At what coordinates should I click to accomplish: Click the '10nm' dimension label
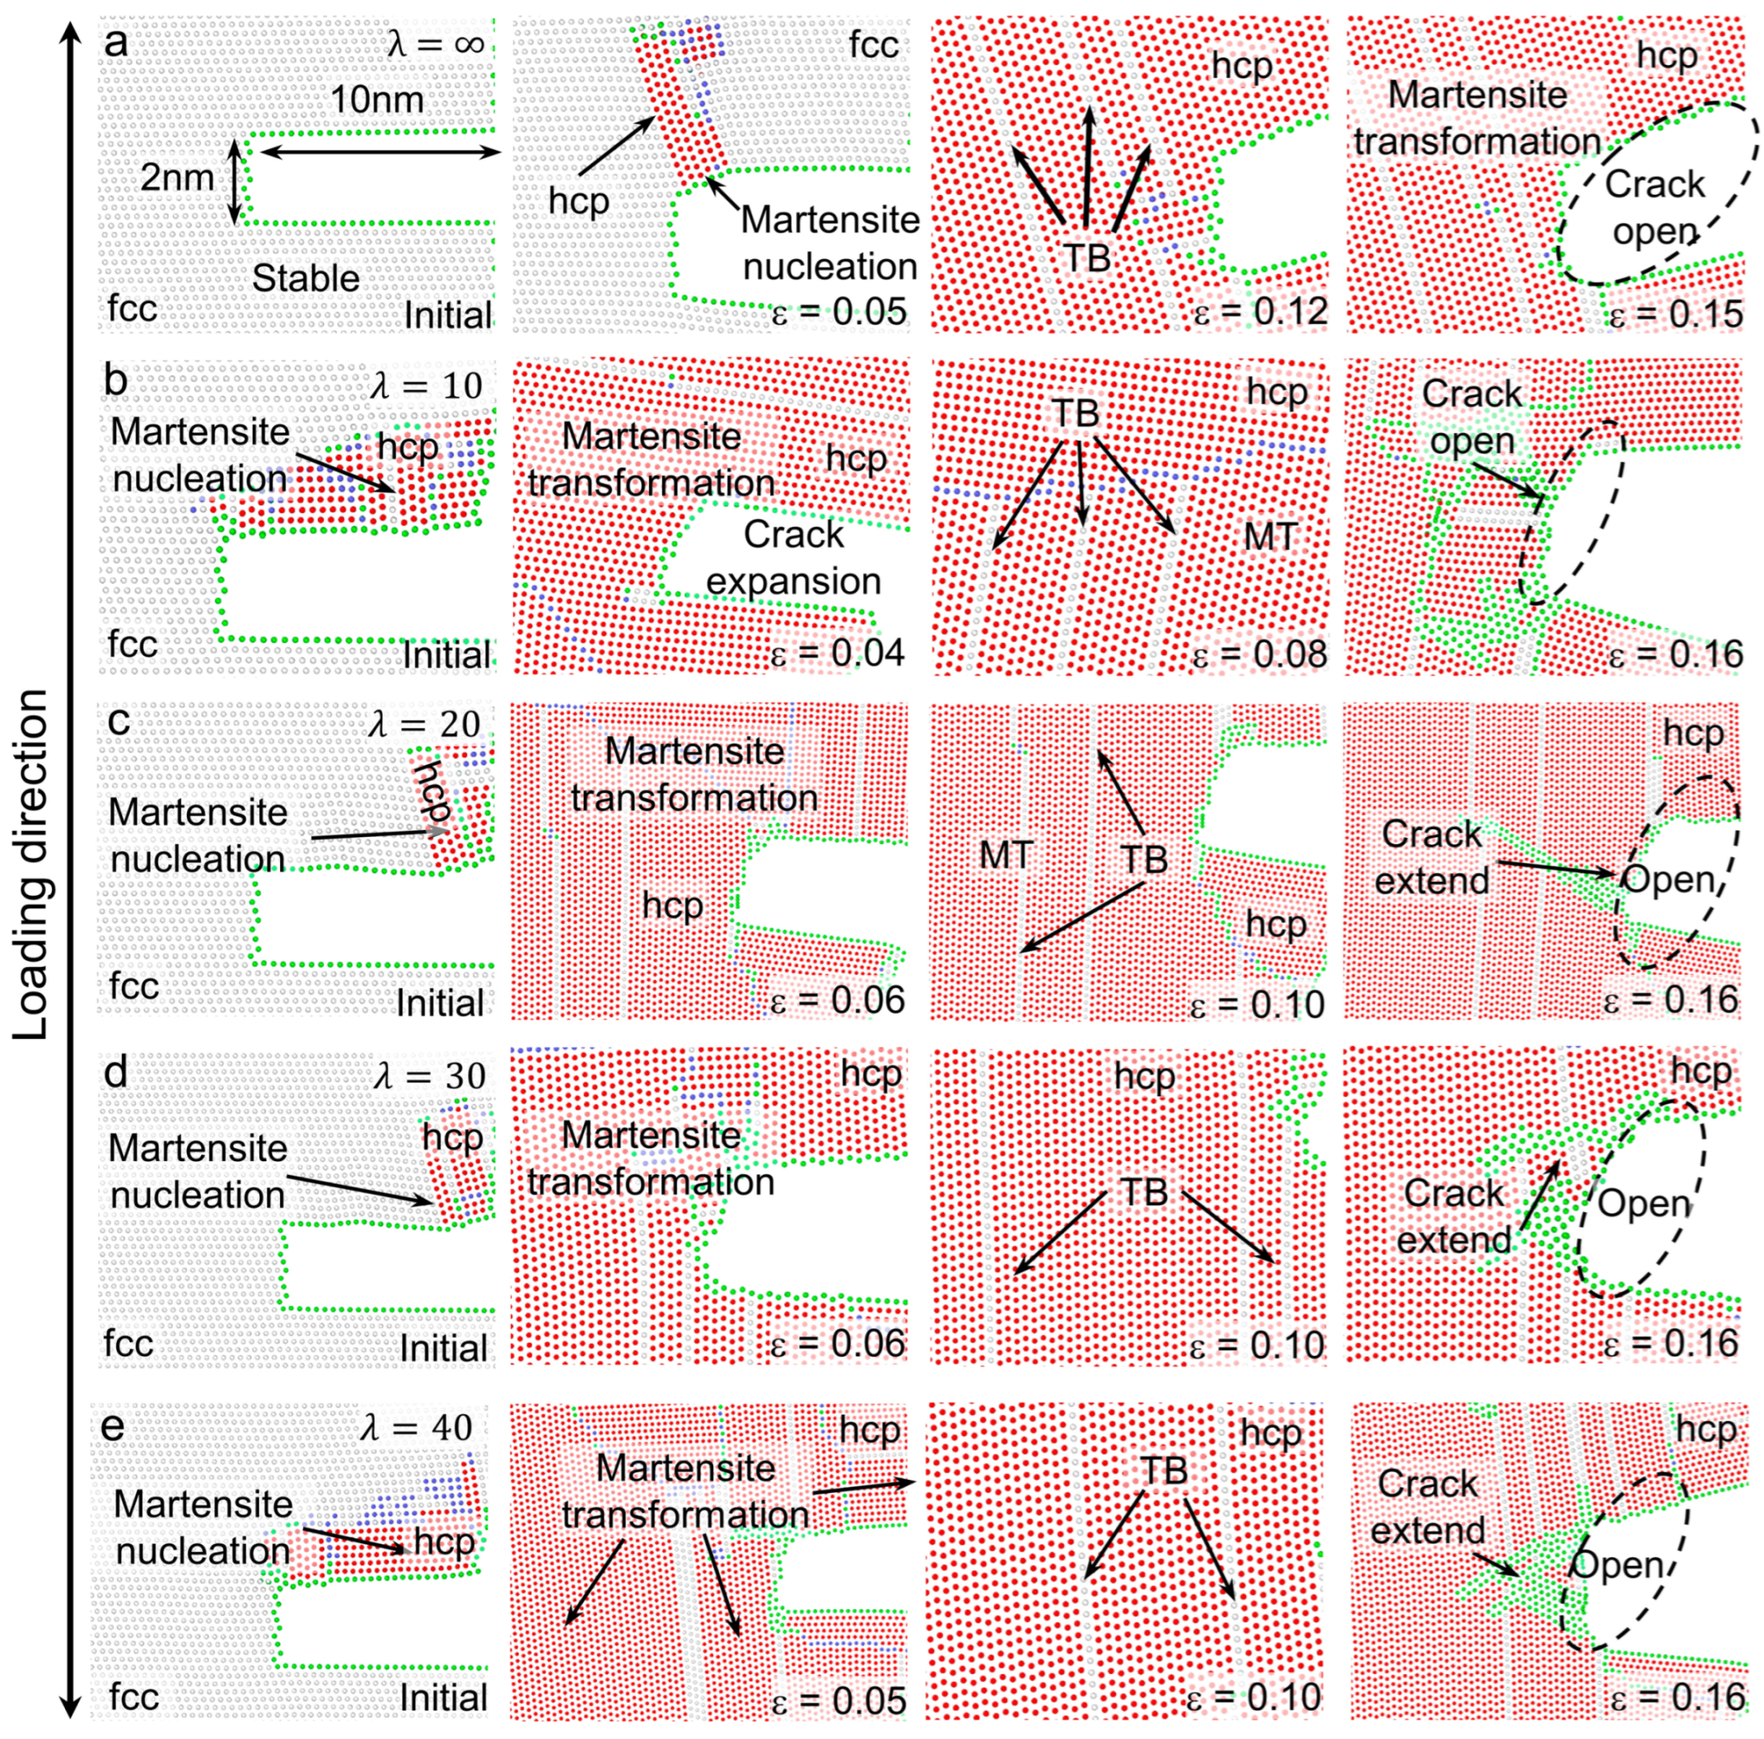tap(376, 98)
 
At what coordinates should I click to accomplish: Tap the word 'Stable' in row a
tap(306, 278)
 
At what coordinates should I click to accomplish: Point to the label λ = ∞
tap(435, 43)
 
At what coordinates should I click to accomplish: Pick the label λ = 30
tap(429, 1076)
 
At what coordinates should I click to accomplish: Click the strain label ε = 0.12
tap(1259, 313)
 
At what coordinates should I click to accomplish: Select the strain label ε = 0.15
tap(1674, 313)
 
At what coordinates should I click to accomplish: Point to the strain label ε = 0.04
tap(837, 653)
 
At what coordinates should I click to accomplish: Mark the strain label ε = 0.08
tap(1259, 653)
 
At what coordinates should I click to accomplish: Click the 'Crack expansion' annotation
tap(793, 558)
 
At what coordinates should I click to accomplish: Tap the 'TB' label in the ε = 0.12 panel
tap(1087, 258)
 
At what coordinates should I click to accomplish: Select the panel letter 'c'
tap(118, 722)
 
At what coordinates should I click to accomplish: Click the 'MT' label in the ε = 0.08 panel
tap(1270, 536)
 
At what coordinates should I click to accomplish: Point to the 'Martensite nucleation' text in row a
tap(830, 242)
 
